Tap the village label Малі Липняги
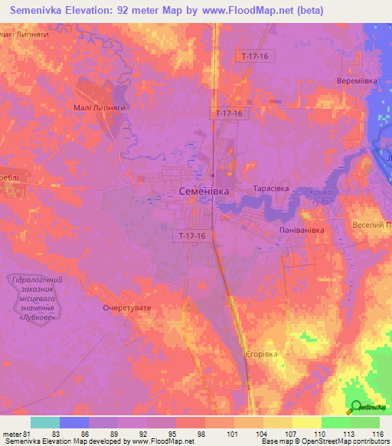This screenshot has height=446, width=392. tap(98, 108)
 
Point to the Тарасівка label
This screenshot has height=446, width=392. tap(269, 188)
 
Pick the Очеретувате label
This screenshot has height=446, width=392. tap(128, 307)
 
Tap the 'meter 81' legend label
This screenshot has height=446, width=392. tap(17, 433)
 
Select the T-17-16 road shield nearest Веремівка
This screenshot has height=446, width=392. tap(256, 56)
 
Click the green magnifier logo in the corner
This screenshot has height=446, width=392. tap(357, 408)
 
